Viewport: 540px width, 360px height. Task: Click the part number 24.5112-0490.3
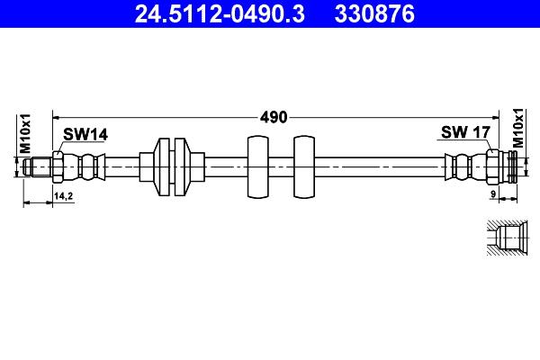[x=220, y=13]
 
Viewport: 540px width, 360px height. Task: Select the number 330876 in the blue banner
[x=374, y=13]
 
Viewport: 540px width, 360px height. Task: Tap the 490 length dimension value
[x=274, y=118]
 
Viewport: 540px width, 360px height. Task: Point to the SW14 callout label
[x=85, y=134]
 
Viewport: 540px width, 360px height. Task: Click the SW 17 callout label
[x=465, y=132]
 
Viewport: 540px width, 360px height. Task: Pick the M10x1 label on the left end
[x=25, y=134]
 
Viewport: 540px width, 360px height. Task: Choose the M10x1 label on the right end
[x=517, y=128]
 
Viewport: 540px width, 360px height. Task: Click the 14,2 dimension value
[x=63, y=196]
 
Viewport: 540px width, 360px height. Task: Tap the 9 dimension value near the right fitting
[x=493, y=194]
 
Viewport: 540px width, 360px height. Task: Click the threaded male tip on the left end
[x=38, y=167]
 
